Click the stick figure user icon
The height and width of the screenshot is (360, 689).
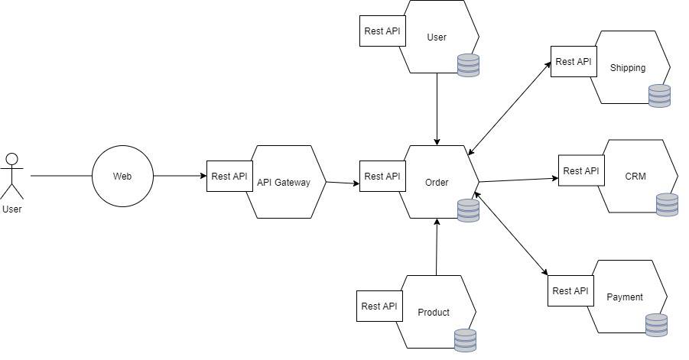click(x=11, y=175)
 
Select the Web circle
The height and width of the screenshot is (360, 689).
click(x=122, y=176)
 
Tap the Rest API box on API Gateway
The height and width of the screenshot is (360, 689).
click(x=229, y=176)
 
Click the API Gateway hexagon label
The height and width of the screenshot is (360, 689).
click(x=284, y=182)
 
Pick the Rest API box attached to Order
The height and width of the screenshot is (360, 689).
click(x=382, y=176)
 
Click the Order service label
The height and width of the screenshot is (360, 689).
click(x=437, y=182)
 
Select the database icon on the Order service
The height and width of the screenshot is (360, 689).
click(x=468, y=210)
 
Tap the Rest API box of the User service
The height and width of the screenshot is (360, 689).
click(x=382, y=31)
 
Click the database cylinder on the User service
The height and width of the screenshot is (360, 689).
click(x=468, y=65)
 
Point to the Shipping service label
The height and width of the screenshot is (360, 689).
click(x=628, y=67)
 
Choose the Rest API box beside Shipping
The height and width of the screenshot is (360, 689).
click(x=574, y=61)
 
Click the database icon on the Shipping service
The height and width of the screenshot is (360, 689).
click(x=659, y=96)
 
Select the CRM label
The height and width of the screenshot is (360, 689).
click(x=635, y=176)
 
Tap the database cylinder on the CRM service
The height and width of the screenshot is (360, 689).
click(x=667, y=205)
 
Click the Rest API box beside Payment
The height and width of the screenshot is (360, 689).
click(x=570, y=290)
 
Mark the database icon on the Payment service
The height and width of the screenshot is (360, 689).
click(x=656, y=325)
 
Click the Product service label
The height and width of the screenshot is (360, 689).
click(x=434, y=312)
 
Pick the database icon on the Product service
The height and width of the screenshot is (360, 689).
click(x=465, y=340)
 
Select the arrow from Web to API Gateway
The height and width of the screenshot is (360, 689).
click(x=180, y=176)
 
